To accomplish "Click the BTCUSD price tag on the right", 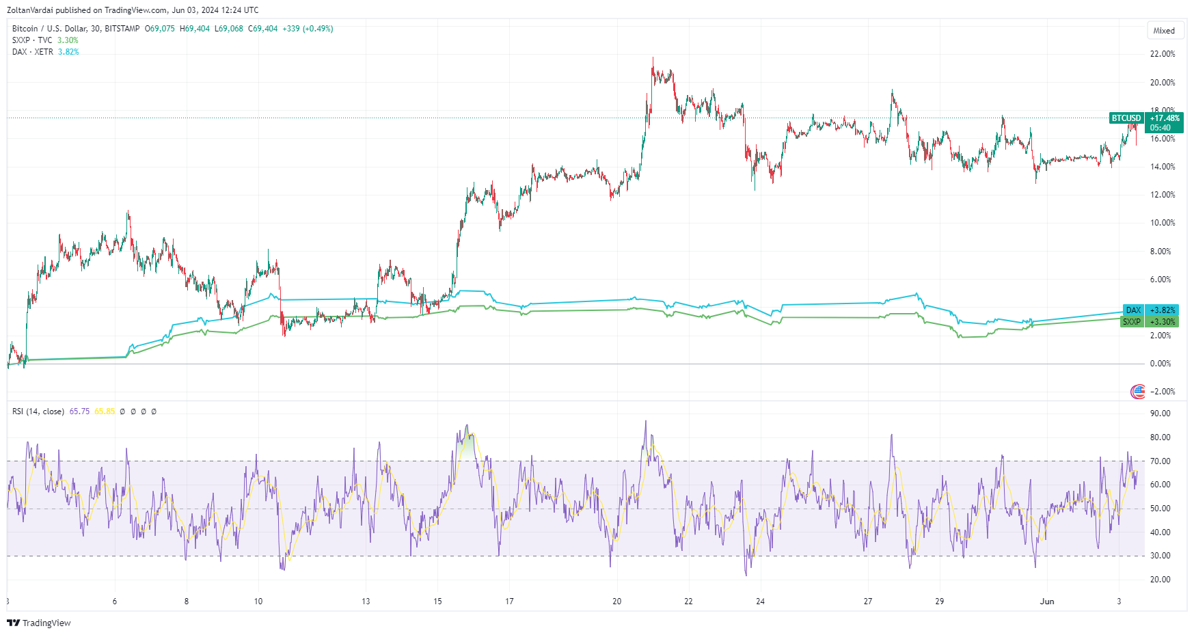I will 1126,118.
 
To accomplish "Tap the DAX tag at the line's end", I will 1133,310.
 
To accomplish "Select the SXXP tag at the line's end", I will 1132,322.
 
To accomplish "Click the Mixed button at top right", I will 1164,31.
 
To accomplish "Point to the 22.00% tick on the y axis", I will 1163,54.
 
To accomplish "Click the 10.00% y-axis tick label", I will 1163,223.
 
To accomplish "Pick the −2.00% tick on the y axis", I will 1163,392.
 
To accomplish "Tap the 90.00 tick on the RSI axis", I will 1161,414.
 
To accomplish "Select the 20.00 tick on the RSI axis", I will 1161,580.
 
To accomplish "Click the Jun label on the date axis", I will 1047,602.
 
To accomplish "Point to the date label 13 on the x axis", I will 366,602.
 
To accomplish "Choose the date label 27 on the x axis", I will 868,602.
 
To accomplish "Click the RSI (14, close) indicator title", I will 38,411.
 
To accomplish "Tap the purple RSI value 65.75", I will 79,411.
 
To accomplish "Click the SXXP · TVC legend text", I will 32,40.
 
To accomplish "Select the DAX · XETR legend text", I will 33,52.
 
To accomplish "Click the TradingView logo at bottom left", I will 39,623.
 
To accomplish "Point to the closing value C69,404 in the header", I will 262,29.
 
